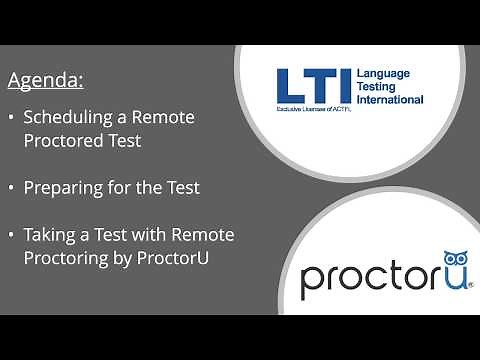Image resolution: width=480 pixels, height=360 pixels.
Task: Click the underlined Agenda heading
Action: point(46,79)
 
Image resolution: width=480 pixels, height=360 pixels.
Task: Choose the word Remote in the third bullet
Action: point(203,235)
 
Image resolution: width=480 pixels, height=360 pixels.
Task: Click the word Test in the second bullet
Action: point(181,187)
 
